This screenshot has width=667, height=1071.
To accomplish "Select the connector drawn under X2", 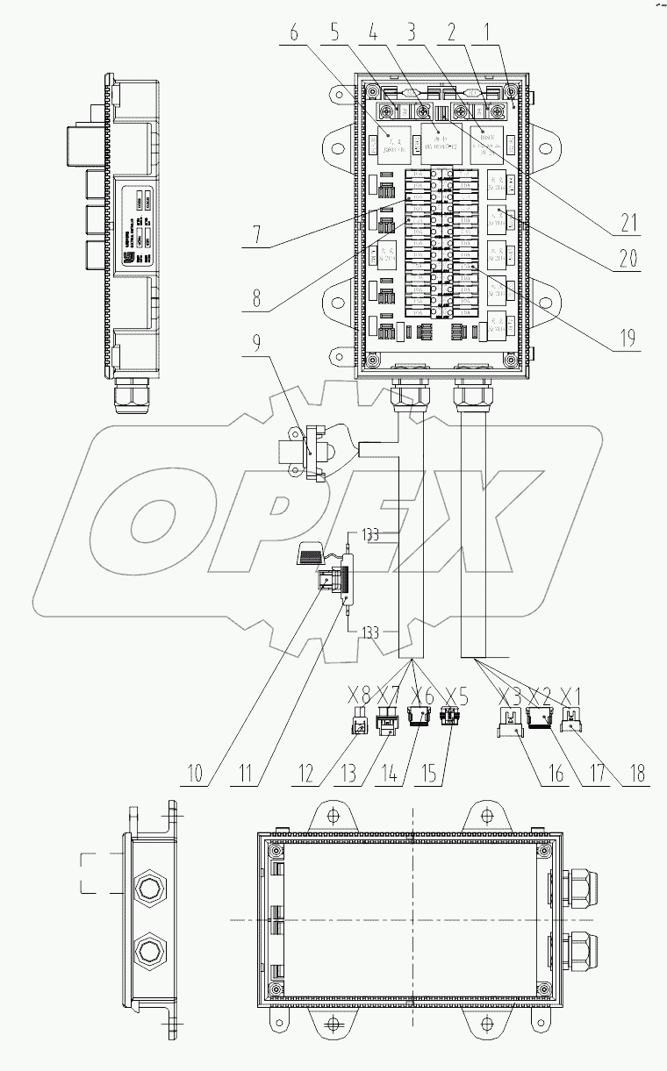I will pos(540,720).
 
